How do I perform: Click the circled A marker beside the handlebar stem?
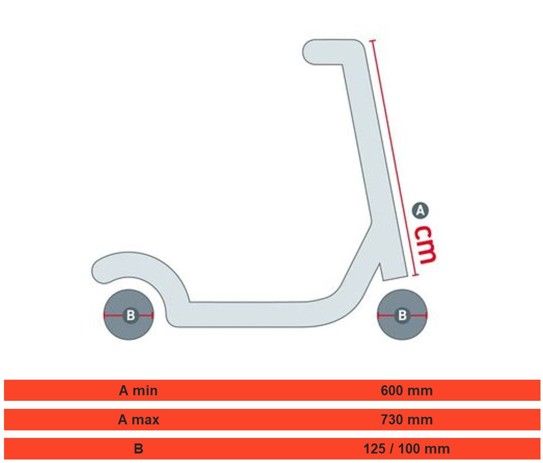tap(420, 210)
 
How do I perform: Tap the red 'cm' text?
tap(425, 245)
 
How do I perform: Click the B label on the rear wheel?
tap(130, 316)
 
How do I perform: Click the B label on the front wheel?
tap(402, 316)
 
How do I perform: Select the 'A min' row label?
tap(138, 391)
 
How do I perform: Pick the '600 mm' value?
tap(407, 391)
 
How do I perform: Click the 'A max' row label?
tap(138, 420)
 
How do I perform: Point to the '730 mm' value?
tap(407, 420)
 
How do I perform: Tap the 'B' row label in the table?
tap(138, 449)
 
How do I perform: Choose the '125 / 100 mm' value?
tap(407, 449)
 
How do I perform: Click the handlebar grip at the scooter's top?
tap(331, 52)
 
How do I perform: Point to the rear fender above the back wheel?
tap(138, 272)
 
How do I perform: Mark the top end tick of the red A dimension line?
tap(372, 41)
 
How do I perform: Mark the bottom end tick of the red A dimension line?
tap(416, 275)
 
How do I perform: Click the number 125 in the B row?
tap(375, 449)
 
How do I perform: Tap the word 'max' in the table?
tap(145, 420)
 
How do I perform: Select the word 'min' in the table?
tap(145, 391)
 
